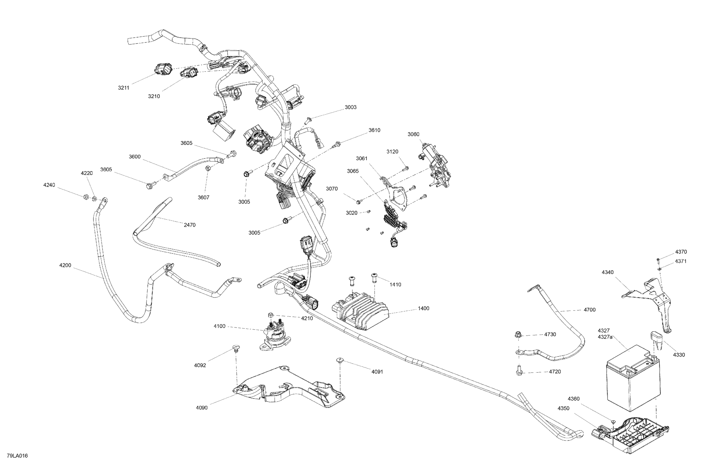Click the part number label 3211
pyautogui.click(x=123, y=88)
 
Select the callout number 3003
pyautogui.click(x=350, y=107)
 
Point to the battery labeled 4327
pyautogui.click(x=633, y=380)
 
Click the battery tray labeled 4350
pyautogui.click(x=633, y=432)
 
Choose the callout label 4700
pyautogui.click(x=590, y=310)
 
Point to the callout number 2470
pyautogui.click(x=190, y=225)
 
